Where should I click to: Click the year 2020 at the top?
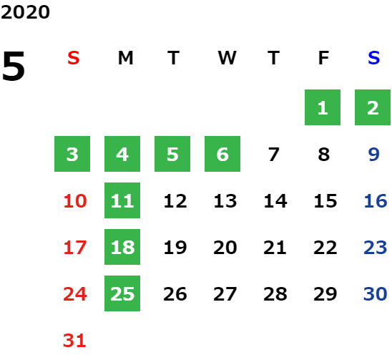coord(25,12)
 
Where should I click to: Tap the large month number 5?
coord(14,66)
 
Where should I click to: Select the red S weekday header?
coord(74,58)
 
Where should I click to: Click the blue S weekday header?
coord(373,58)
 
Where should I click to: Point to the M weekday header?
coord(125,58)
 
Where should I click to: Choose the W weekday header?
coord(227,58)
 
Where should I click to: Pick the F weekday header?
coord(323,58)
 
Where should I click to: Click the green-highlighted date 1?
coord(323,107)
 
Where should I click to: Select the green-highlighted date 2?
coord(373,107)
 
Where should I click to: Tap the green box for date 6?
coord(222,154)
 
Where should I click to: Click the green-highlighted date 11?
coord(122,200)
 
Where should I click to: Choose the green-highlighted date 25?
coord(122,293)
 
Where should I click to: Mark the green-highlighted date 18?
coord(122,247)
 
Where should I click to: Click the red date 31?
coord(74,340)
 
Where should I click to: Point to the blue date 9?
coord(373,154)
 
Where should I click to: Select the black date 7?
coord(273,154)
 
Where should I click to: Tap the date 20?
coord(225,247)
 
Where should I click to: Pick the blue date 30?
coord(376,293)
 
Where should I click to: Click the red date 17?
coord(75,247)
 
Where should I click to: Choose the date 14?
coord(275,200)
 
